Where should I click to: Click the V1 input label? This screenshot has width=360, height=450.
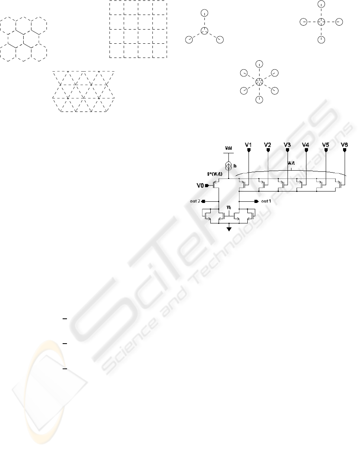[248, 145]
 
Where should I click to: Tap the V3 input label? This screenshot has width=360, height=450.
[287, 145]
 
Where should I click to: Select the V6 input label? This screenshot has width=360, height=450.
[344, 145]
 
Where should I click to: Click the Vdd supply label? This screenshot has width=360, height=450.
[229, 149]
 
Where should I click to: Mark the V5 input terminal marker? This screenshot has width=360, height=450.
[325, 151]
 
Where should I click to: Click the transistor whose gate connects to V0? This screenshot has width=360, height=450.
[216, 184]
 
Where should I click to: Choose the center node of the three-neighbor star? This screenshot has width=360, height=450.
[204, 31]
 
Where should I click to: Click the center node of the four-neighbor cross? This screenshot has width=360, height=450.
[321, 21]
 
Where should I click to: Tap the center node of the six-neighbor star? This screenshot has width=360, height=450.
[259, 82]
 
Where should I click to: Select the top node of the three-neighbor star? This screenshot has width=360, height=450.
[204, 13]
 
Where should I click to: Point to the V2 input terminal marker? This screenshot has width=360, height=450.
[268, 151]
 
